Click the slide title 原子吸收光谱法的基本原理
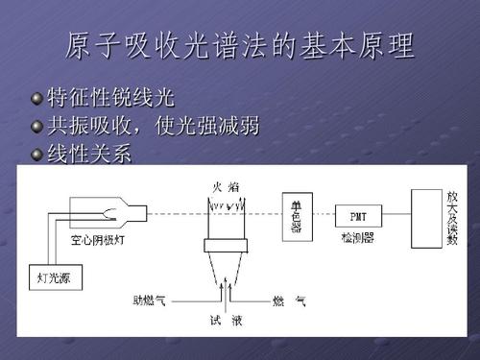[x=240, y=45]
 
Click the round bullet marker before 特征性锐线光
[x=36, y=99]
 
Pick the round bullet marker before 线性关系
[x=36, y=155]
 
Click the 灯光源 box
[x=54, y=278]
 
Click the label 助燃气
[x=149, y=300]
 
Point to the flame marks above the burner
[x=227, y=204]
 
